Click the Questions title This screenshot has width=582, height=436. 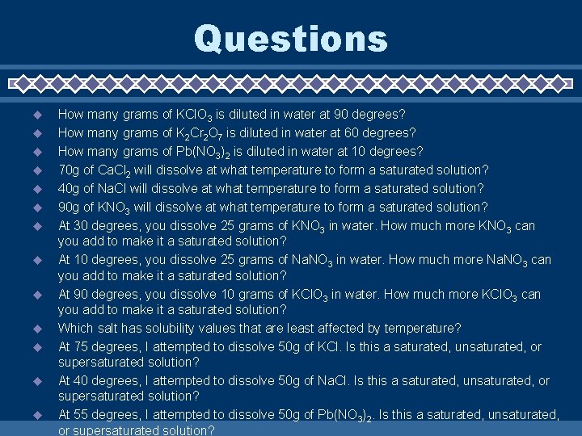(x=291, y=39)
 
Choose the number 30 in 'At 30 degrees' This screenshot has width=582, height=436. (x=82, y=225)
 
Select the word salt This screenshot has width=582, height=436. (x=108, y=328)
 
